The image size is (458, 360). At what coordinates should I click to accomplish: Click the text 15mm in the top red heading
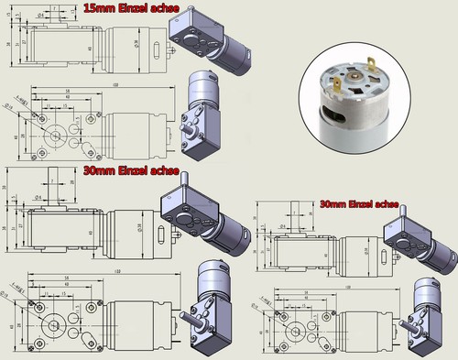click(x=98, y=8)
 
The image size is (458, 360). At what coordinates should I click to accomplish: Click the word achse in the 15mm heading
click(x=157, y=8)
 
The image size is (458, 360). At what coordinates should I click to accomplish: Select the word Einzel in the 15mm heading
click(x=126, y=8)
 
